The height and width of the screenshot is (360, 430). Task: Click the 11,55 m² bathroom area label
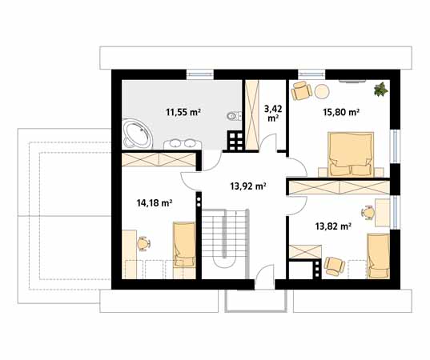(183, 112)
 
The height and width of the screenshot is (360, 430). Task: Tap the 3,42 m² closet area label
(273, 114)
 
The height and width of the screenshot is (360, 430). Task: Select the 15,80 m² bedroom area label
(341, 112)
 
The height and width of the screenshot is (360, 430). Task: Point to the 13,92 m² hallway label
(248, 186)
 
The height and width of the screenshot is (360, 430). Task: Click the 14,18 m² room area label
(155, 203)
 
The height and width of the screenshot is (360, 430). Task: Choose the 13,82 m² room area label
(333, 226)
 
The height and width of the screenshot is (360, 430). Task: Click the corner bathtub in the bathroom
(137, 134)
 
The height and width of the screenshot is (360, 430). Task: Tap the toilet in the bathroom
(234, 117)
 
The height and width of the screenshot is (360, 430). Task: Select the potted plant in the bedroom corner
(381, 89)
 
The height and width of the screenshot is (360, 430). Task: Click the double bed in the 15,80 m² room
(352, 154)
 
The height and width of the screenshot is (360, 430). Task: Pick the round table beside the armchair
(322, 91)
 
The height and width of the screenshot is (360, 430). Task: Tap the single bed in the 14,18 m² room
(184, 244)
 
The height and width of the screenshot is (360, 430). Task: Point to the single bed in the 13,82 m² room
(379, 256)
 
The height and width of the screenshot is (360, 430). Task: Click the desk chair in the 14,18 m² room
(143, 243)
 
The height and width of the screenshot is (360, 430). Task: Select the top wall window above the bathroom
(200, 74)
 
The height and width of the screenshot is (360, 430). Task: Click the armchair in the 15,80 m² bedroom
(301, 90)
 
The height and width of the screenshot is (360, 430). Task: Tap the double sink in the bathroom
(183, 143)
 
